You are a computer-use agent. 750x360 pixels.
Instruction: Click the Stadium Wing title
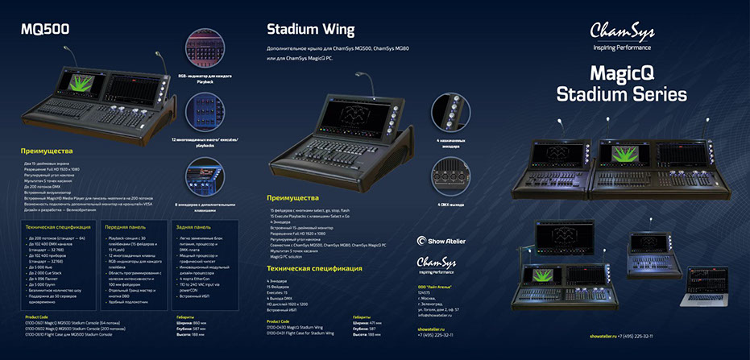(x=310, y=31)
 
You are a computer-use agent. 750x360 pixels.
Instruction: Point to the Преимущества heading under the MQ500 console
(x=48, y=151)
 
